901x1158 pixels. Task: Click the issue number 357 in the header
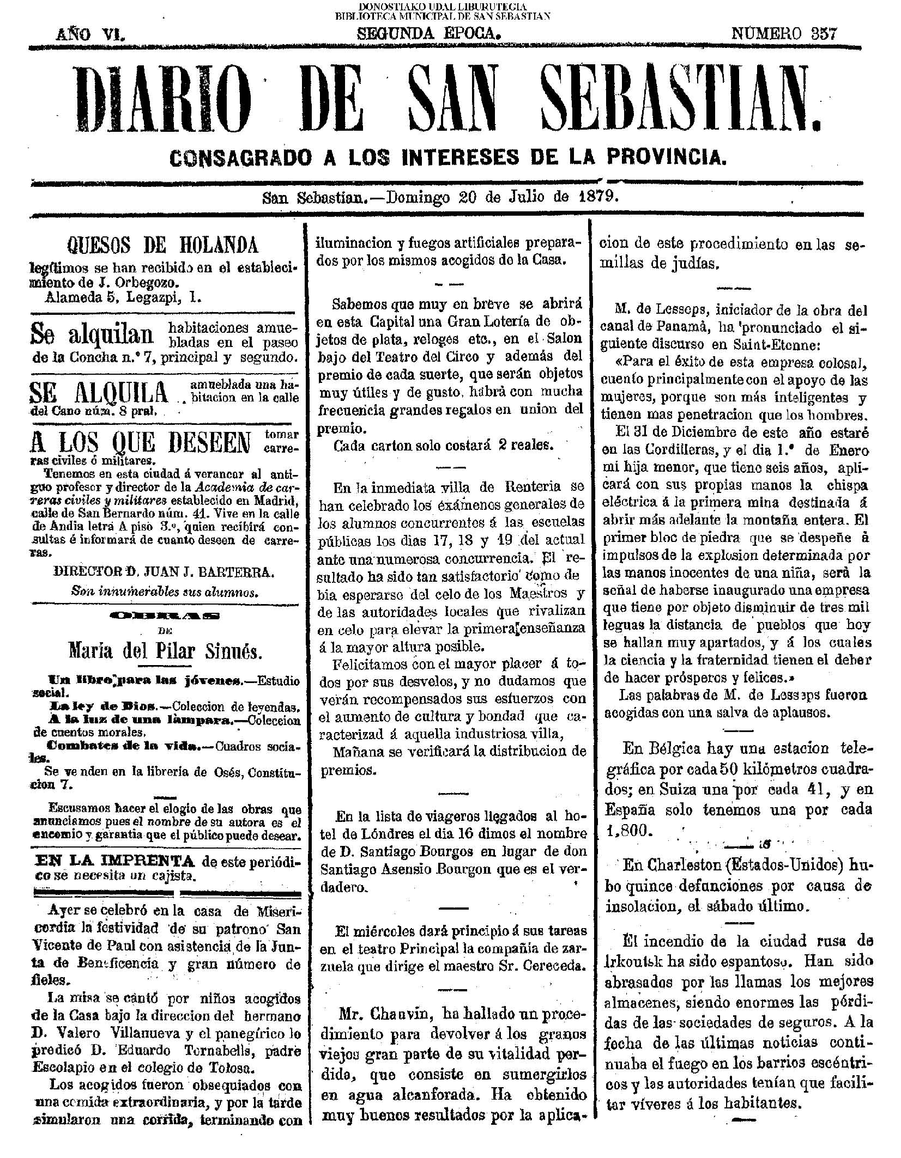pyautogui.click(x=822, y=34)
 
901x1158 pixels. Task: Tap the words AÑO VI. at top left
pyautogui.click(x=91, y=34)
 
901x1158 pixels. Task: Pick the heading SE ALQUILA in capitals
pyautogui.click(x=99, y=393)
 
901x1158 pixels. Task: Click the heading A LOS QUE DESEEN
pyautogui.click(x=141, y=443)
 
